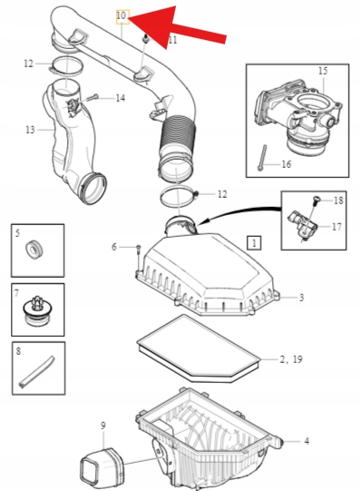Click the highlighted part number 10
(122, 16)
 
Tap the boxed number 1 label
(254, 242)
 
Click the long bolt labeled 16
(263, 158)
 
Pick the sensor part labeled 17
(303, 223)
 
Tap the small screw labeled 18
(315, 201)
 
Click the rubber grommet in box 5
(34, 250)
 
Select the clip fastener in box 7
(37, 310)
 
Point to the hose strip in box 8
(37, 371)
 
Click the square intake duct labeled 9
(102, 466)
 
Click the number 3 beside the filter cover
(301, 298)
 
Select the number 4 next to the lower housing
(306, 441)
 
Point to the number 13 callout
(30, 129)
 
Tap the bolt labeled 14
(91, 97)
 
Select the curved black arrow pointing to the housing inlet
(239, 211)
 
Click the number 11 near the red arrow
(173, 40)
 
